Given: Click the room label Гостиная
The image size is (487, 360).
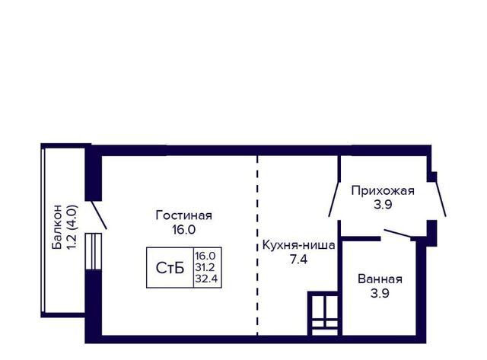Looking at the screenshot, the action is coord(184,215).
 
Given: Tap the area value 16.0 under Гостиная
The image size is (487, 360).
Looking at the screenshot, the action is coord(184,230).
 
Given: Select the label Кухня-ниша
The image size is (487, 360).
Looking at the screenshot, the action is coord(298,245).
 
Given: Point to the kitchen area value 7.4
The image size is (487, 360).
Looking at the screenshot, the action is coord(298,259).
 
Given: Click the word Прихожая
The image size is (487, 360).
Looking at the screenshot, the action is coord(383,190).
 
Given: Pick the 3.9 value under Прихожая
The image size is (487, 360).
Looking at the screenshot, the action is coord(383,205).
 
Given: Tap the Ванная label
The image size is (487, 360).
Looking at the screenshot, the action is coord(380,279).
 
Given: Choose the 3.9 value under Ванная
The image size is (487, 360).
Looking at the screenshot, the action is coord(380,293).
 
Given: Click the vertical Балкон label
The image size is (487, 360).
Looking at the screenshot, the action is coord(57,227).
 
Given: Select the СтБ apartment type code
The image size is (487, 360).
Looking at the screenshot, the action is coord(170,268).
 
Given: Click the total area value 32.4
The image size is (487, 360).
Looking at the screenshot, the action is coord(206,279).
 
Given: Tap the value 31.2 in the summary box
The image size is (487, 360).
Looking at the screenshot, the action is coord(205,267).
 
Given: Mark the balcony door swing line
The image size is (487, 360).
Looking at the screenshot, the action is coord(99,215).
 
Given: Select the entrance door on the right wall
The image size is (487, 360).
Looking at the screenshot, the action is coord(441,199).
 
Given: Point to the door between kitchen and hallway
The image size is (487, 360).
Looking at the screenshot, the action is coord(334,199).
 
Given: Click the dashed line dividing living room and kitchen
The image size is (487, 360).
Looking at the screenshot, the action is coord(257,245).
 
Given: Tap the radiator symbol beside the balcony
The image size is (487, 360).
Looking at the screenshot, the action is coord(94,251).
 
